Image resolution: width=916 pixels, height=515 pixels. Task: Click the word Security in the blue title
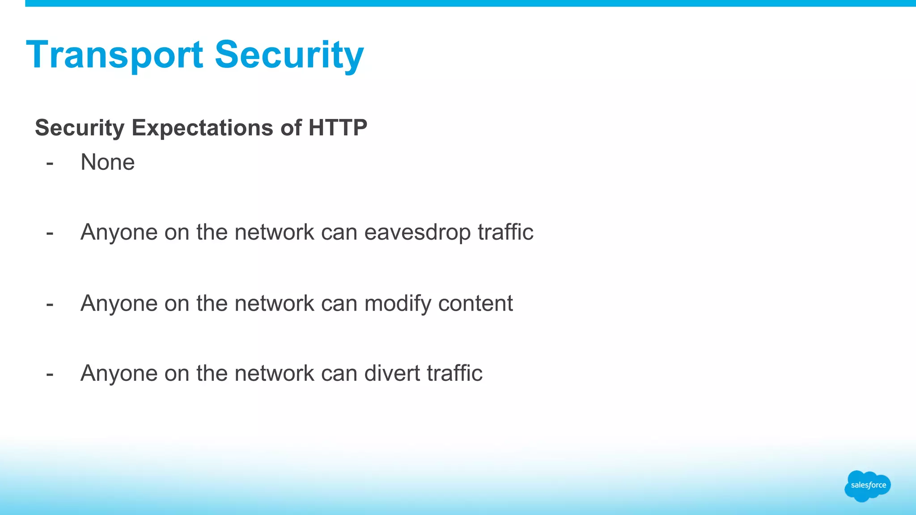(x=289, y=55)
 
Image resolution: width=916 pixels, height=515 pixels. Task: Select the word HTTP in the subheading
(x=338, y=128)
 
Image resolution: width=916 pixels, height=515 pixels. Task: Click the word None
(x=107, y=162)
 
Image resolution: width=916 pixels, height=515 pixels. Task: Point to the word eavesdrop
(x=417, y=232)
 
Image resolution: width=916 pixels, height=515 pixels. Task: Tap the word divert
(x=392, y=373)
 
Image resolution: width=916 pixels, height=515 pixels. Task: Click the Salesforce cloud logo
(x=868, y=485)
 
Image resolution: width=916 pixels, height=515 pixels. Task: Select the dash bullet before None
(x=50, y=163)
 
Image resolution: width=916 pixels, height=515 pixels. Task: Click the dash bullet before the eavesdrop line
(x=50, y=233)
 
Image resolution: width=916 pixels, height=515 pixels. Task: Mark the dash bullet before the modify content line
(x=50, y=304)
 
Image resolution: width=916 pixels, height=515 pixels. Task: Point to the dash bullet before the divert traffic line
(x=50, y=374)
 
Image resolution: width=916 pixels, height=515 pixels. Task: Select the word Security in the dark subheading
(x=80, y=128)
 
